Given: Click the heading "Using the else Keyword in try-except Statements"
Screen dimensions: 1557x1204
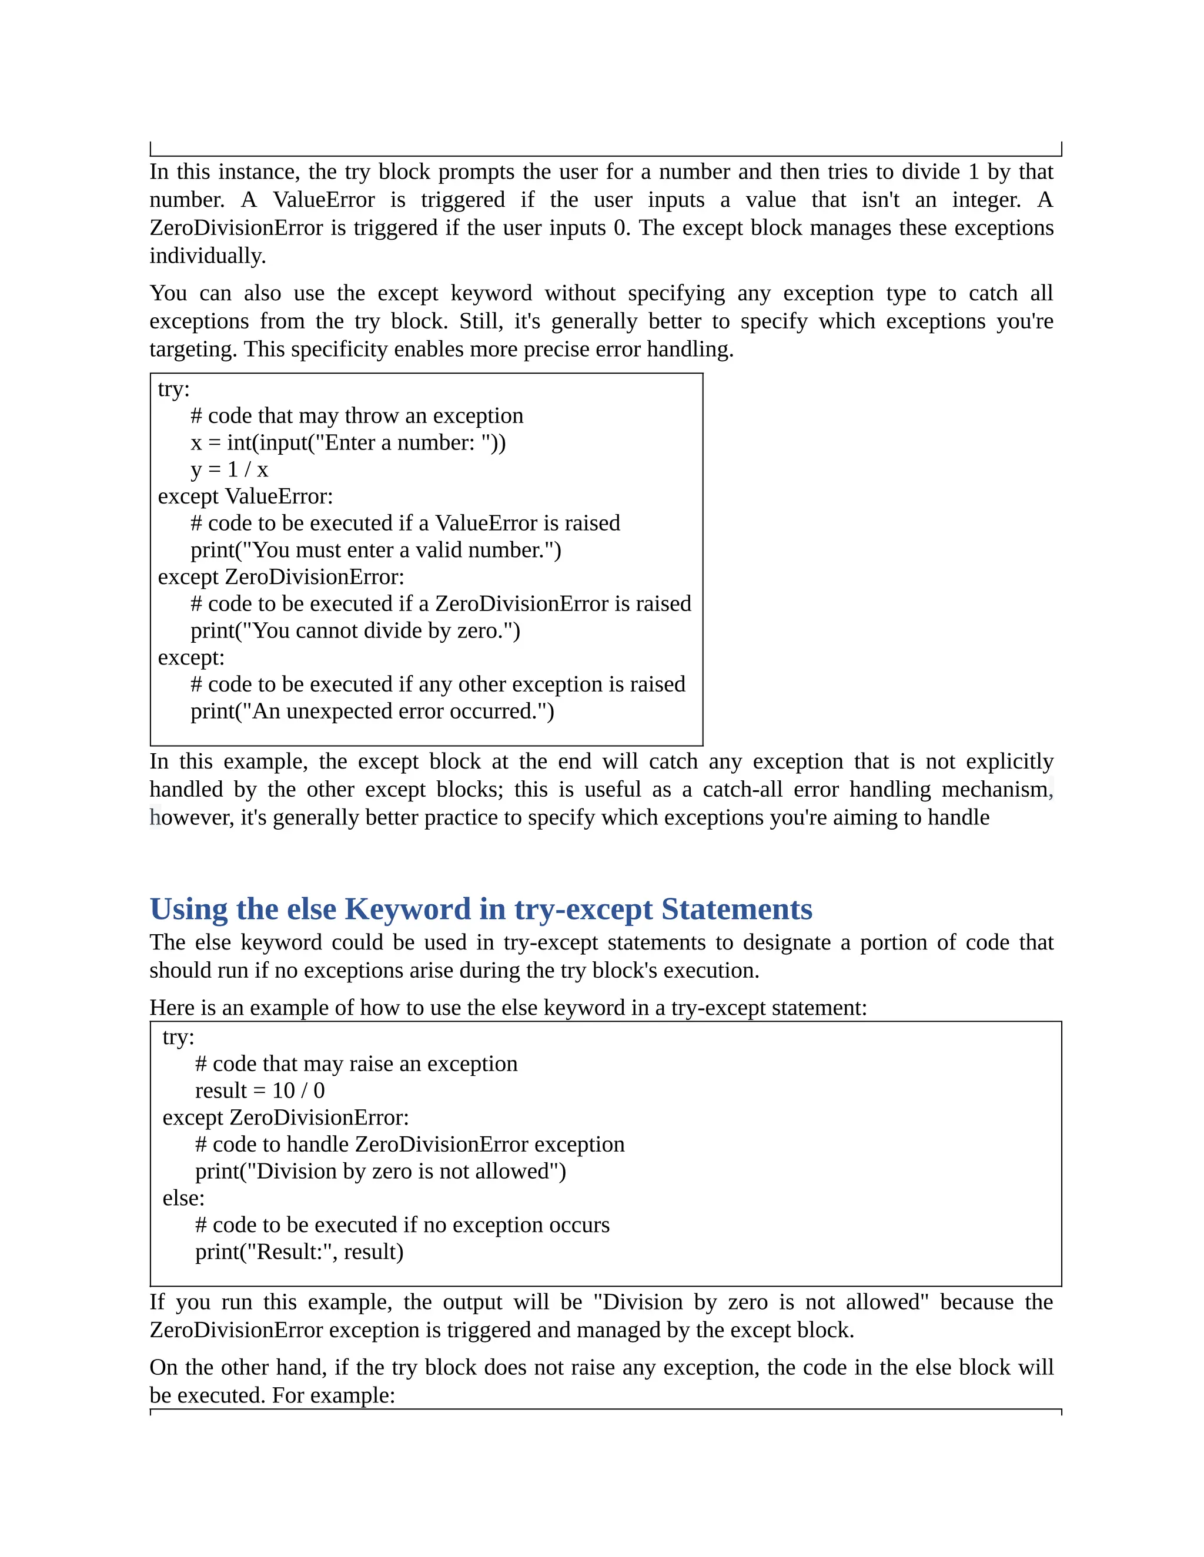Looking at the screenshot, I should [x=481, y=910].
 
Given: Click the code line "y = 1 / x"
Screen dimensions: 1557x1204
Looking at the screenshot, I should [x=229, y=470].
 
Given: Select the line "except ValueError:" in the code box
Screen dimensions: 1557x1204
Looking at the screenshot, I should [x=245, y=496].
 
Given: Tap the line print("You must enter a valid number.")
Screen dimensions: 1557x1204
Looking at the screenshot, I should [x=376, y=551].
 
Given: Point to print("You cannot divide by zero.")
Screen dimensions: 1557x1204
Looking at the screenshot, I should [x=355, y=631].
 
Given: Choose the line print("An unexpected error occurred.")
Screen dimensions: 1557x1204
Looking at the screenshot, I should [x=372, y=712].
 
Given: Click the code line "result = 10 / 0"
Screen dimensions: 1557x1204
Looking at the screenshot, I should [x=260, y=1090].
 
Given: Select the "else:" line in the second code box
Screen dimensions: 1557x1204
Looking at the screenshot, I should [x=183, y=1199].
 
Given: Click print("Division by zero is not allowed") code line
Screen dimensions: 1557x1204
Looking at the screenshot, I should [x=380, y=1172].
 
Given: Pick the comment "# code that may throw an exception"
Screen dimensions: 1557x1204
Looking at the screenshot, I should [x=357, y=415].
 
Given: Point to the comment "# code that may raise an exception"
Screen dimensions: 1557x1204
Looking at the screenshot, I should [x=356, y=1063].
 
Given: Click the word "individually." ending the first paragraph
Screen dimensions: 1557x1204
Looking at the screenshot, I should [x=208, y=256].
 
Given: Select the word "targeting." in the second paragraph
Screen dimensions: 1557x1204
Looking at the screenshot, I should [x=193, y=350].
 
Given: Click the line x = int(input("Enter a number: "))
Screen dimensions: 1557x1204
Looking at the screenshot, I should [x=348, y=443].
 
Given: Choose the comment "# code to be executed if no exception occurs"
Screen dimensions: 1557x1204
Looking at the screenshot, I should [x=402, y=1225].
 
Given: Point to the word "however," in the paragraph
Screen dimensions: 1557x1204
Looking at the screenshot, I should [x=191, y=818].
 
